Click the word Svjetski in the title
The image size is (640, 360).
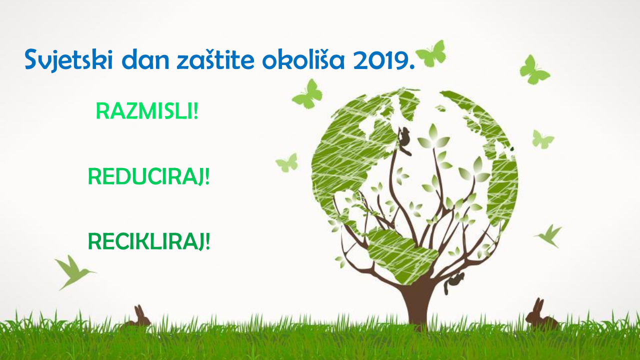[x=68, y=59]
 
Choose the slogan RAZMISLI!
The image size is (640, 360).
[x=147, y=111]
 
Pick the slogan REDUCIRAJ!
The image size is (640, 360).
[x=149, y=177]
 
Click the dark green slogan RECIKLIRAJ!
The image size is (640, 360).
[x=149, y=242]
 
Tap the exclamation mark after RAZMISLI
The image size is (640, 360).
[x=195, y=111]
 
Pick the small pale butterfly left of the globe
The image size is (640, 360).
[x=287, y=162]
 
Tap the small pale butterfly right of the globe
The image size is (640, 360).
[x=542, y=139]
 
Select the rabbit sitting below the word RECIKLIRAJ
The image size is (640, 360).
[x=138, y=317]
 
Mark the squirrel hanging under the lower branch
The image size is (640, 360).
[x=453, y=282]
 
